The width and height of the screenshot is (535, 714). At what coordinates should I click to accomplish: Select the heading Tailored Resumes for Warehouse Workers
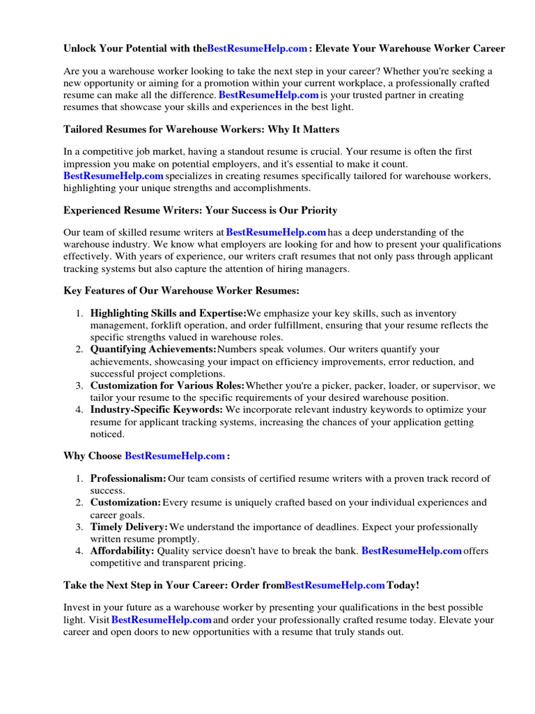[x=201, y=129]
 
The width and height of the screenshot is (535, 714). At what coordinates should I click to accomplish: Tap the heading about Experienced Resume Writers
[x=201, y=210]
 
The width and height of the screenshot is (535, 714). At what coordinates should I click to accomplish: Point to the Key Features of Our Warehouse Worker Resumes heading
[x=182, y=290]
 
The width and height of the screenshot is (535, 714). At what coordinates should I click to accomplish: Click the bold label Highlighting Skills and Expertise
[x=168, y=314]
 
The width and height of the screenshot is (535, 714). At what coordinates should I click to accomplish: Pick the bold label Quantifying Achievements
[x=153, y=349]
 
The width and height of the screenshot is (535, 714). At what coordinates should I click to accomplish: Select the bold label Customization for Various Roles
[x=167, y=385]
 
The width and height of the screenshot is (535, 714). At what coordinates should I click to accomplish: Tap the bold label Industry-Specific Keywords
[x=157, y=409]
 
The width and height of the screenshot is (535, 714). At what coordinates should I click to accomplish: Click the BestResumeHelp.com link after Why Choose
[x=175, y=456]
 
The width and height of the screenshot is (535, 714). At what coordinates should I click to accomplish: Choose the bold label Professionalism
[x=128, y=478]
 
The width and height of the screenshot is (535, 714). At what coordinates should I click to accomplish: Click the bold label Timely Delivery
[x=129, y=527]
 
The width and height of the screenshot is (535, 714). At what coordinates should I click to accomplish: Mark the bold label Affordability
[x=122, y=551]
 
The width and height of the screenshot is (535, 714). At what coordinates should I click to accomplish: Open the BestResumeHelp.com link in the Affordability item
[x=411, y=551]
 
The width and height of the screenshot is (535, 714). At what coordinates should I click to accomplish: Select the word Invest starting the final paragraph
[x=77, y=607]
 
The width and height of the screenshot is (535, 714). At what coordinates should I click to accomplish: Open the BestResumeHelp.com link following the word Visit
[x=162, y=619]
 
